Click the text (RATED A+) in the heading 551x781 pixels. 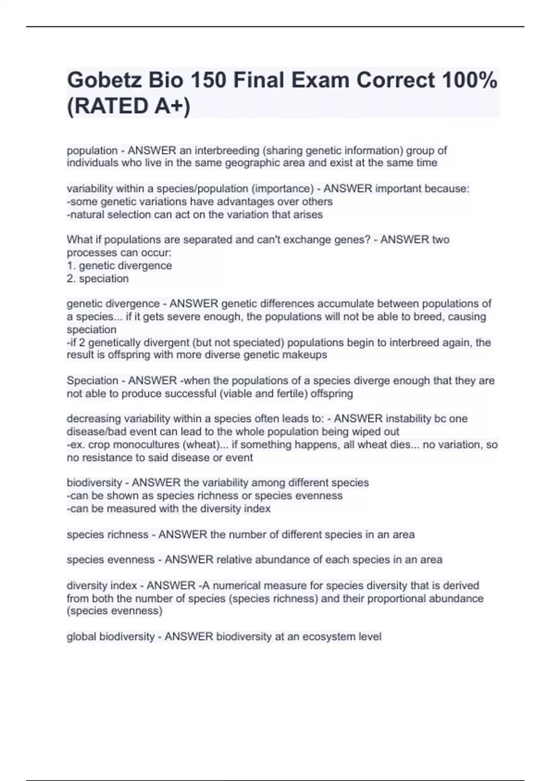(129, 107)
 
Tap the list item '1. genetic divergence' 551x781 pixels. (119, 266)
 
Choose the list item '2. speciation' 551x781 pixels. (98, 278)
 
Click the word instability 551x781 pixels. (410, 419)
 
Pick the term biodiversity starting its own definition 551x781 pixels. (95, 483)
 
